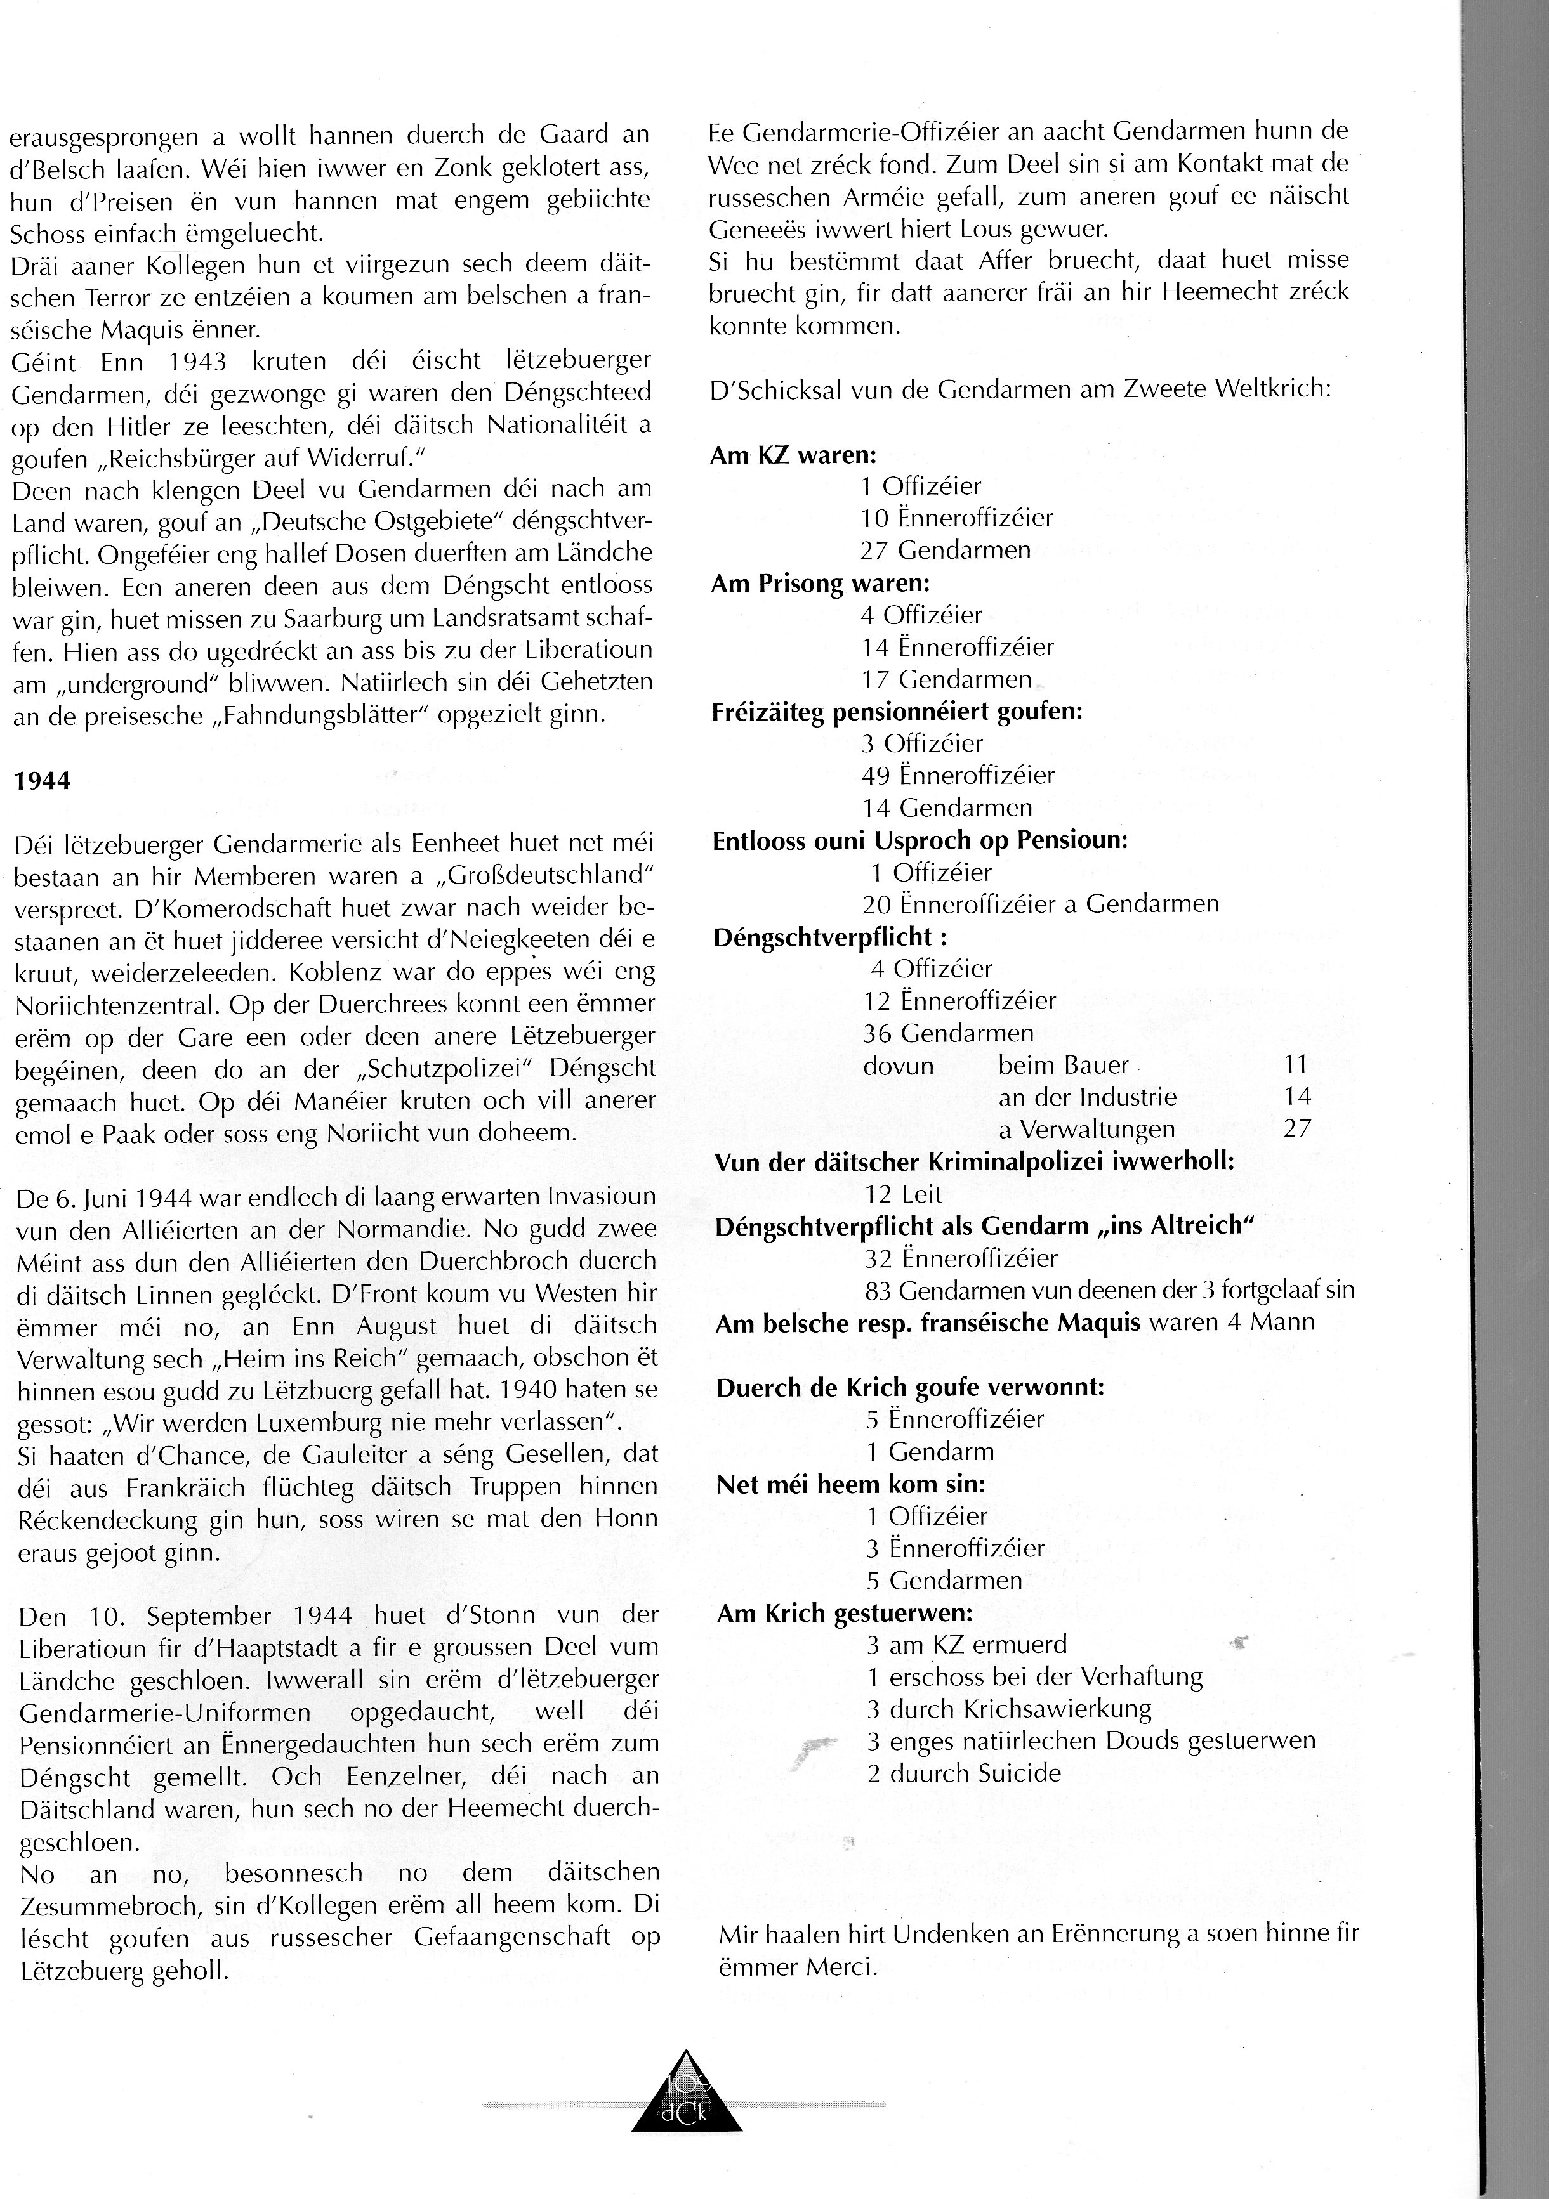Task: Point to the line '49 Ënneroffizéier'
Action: click(x=958, y=775)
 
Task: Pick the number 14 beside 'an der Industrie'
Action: click(x=1297, y=1097)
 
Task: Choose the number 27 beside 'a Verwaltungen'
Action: click(x=1297, y=1129)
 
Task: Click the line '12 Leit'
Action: click(x=904, y=1194)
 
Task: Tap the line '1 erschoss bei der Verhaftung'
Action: click(x=1034, y=1677)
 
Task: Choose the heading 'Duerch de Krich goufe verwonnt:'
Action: click(x=910, y=1388)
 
